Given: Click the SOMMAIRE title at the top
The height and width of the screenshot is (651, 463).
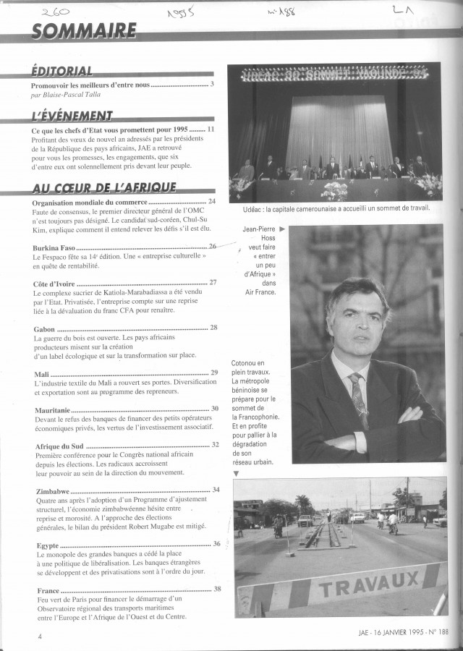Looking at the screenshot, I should coord(84,30).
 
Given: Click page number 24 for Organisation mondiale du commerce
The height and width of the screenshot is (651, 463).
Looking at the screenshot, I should coord(212,201).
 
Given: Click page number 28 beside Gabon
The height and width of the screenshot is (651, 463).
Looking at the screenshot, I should coord(213,328).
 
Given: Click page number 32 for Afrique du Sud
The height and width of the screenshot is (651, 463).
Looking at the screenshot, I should coord(215,444).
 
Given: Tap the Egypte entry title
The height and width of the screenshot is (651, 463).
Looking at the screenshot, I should coord(49,544).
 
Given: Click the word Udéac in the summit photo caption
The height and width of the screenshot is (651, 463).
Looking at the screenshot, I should coord(245,208).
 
